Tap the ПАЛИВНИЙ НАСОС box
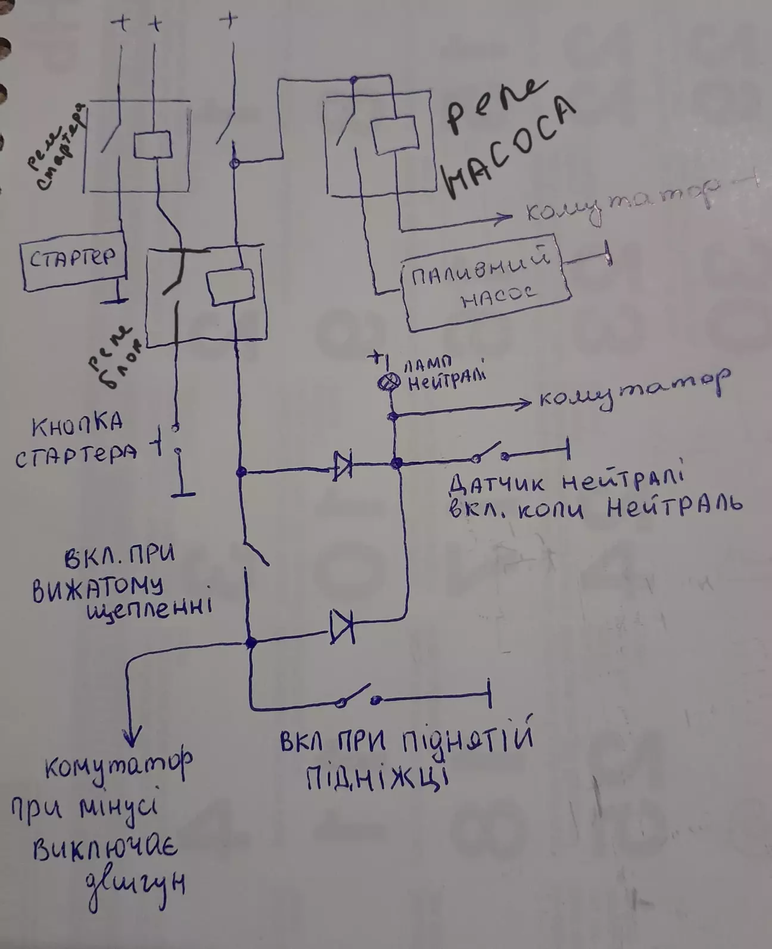[486, 285]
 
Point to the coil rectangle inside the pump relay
[394, 135]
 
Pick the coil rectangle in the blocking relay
[231, 287]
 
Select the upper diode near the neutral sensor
[343, 466]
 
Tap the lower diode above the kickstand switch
[343, 626]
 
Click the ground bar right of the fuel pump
[608, 252]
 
